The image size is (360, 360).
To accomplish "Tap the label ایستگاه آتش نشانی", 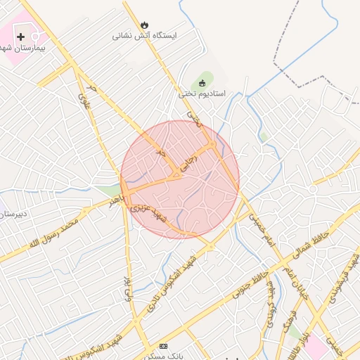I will coord(145,35).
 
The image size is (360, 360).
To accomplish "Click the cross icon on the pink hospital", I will coord(20,36).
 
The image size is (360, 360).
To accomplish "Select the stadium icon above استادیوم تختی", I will coord(203,83).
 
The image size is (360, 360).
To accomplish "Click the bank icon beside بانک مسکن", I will coord(164,346).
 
